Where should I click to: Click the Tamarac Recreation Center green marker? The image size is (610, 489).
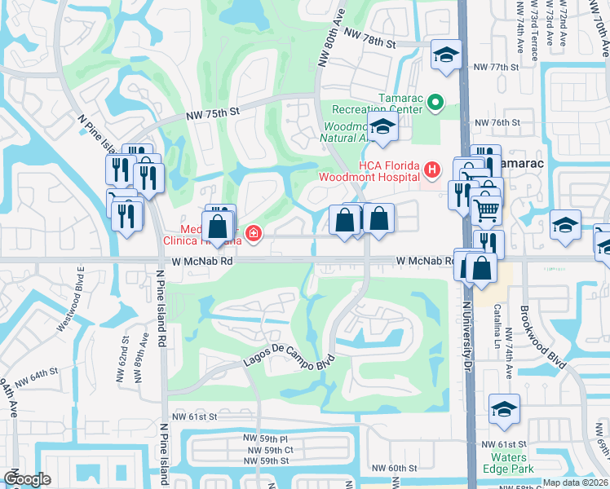[435, 102]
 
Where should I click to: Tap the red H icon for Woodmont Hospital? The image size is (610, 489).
[431, 170]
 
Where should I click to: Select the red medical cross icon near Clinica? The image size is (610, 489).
[254, 235]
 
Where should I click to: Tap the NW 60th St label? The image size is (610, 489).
[394, 468]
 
